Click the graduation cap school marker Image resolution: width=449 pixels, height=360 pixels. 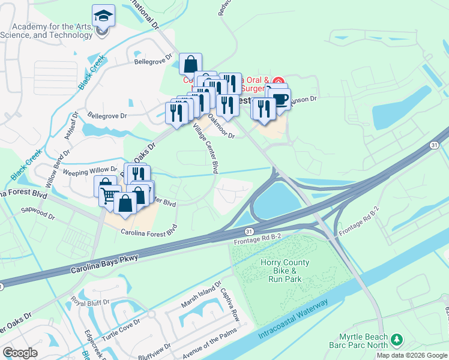[103, 16]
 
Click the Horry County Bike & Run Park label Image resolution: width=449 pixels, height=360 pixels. [285, 271]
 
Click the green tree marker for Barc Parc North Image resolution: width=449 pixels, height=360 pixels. [396, 340]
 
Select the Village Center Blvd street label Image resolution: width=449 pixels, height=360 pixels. [205, 148]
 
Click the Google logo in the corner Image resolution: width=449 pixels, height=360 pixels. [20, 353]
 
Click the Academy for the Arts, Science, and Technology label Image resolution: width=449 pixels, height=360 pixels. [52, 31]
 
